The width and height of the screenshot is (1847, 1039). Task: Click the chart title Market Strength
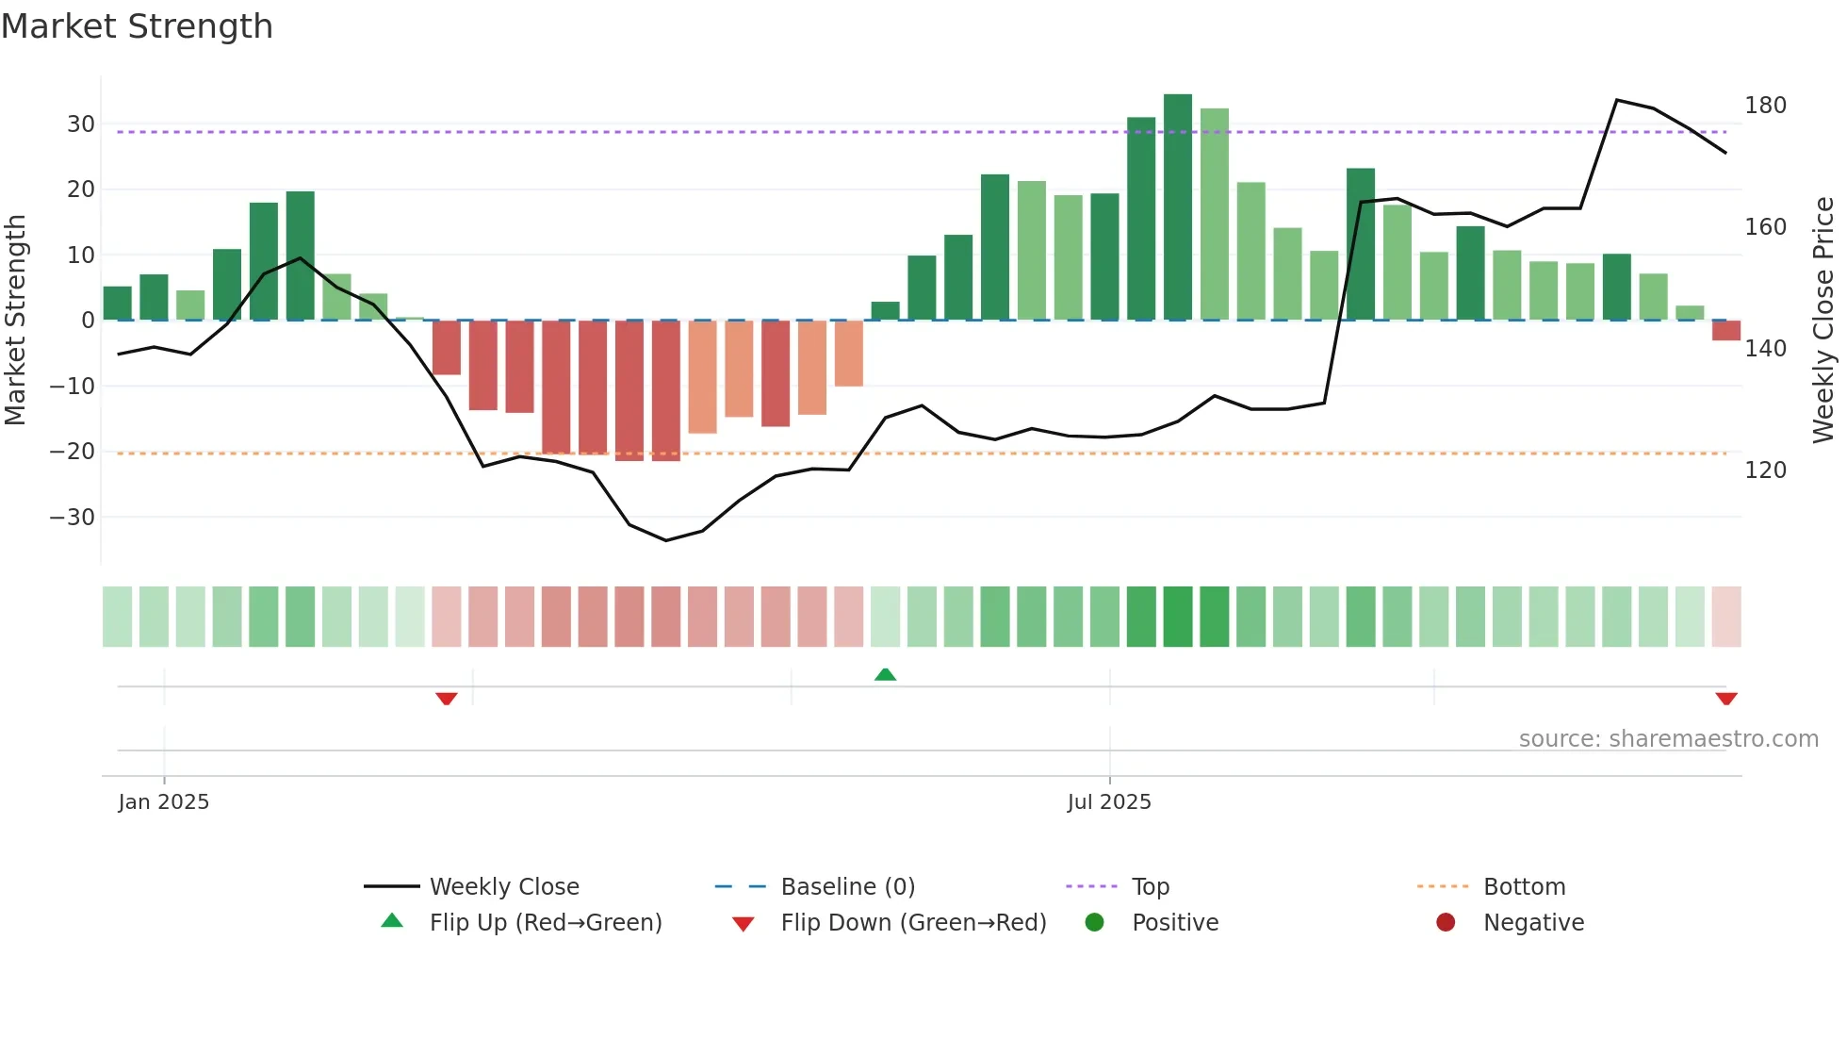coord(137,26)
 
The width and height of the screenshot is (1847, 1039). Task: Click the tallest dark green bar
coord(1177,207)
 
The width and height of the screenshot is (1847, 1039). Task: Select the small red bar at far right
coord(1725,330)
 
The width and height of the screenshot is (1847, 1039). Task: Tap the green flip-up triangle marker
coord(885,674)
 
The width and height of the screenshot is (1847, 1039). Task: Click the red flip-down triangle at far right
coord(1725,699)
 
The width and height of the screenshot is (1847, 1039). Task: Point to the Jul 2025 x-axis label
coord(1109,801)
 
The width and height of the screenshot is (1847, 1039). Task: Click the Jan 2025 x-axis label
coord(164,801)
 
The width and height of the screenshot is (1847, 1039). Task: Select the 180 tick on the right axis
coord(1764,106)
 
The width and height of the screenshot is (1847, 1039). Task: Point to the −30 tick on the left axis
coord(72,518)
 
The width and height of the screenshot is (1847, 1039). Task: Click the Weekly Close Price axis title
coord(1823,321)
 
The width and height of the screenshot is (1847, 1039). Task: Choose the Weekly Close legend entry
coord(503,886)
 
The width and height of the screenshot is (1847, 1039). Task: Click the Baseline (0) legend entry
coord(847,886)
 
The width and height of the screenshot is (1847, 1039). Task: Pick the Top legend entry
coord(1150,886)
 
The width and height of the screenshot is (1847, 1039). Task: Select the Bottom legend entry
coord(1524,886)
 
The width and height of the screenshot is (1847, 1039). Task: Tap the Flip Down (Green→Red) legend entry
coord(912,922)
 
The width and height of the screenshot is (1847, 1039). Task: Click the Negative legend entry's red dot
coord(1445,922)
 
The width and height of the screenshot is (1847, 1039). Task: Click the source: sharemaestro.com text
coord(1668,738)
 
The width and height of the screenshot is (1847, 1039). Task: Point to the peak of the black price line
coord(1616,100)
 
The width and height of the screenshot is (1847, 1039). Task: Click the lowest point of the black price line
coord(665,540)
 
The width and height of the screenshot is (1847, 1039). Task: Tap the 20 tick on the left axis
coord(80,190)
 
